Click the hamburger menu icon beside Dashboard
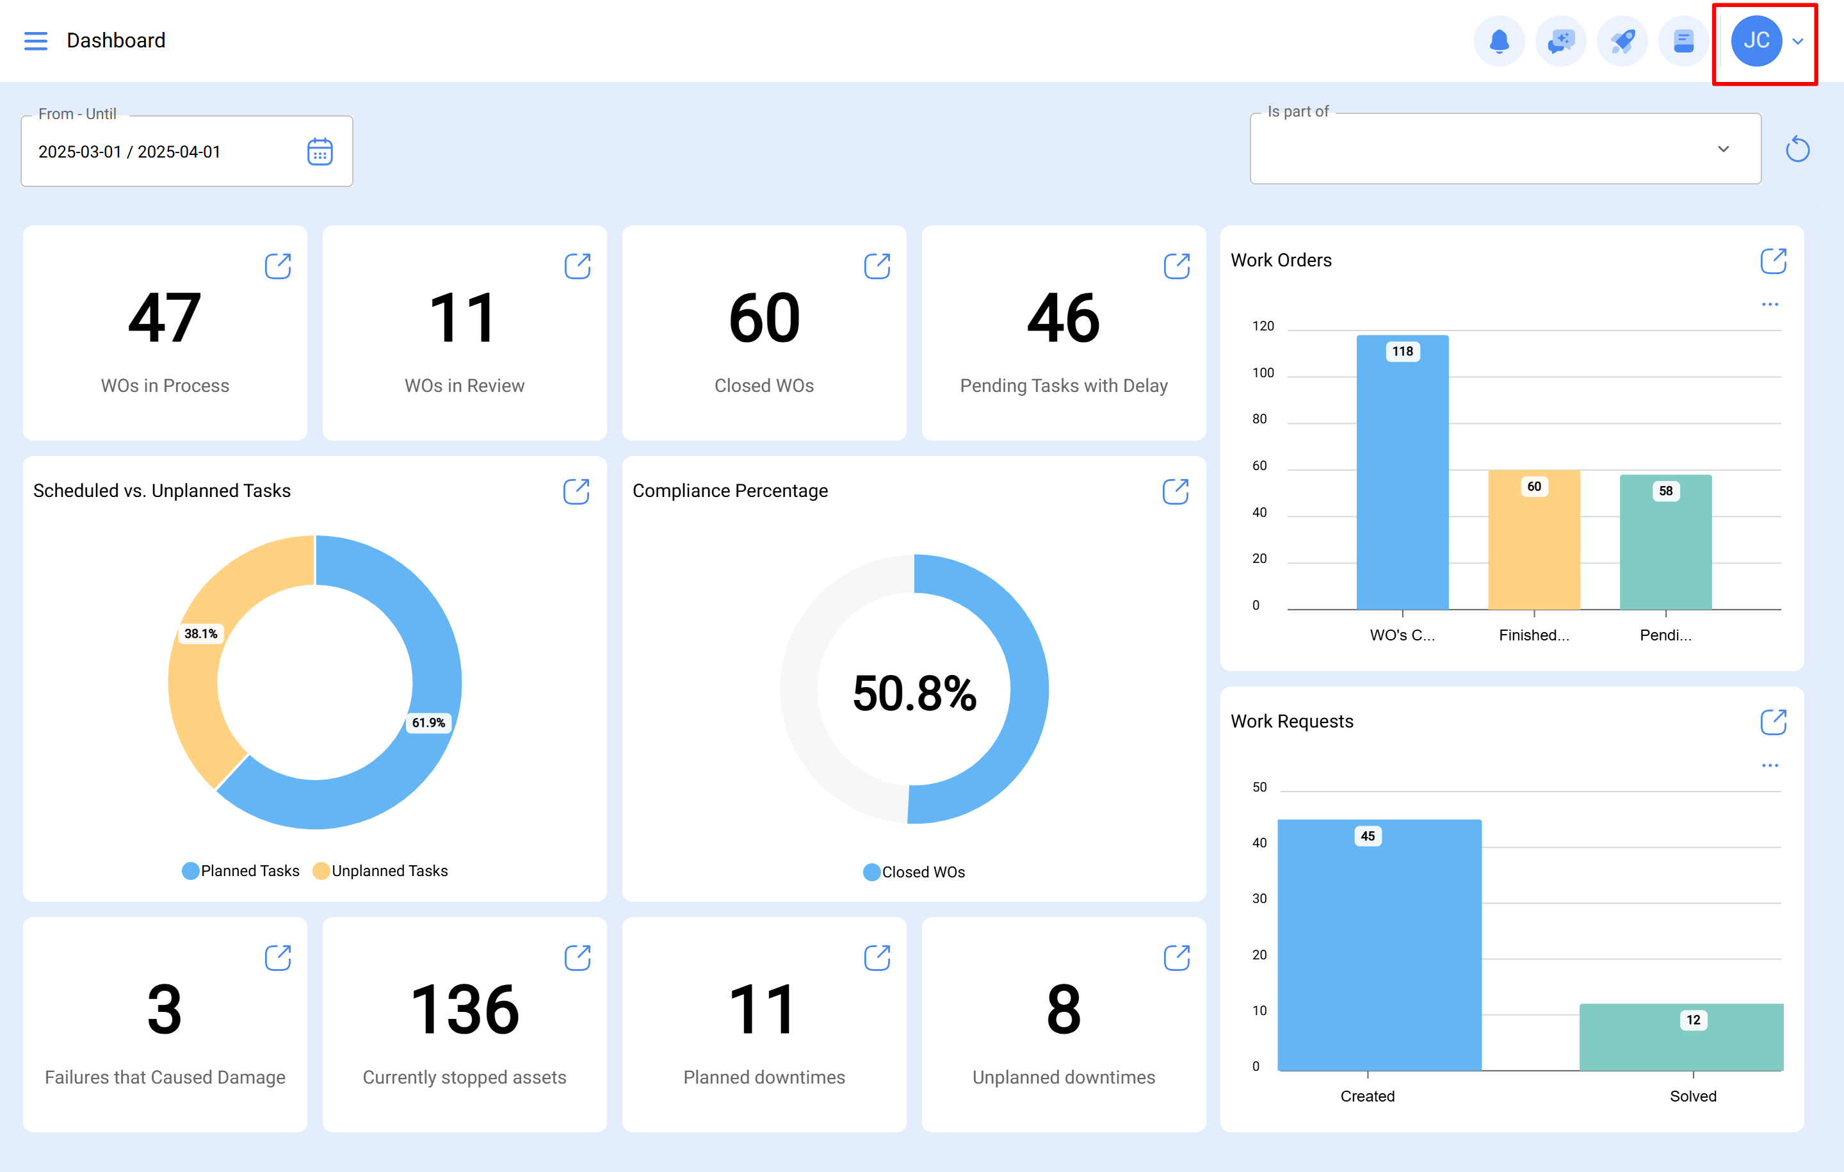35,40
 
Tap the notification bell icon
1499,40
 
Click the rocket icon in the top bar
1622,40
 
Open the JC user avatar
1756,40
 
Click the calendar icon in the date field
319,152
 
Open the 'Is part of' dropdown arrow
1723,149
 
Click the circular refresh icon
1797,149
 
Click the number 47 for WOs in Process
165,319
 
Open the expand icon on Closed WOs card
877,266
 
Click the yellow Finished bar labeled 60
1534,544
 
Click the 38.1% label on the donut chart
200,633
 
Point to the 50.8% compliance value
914,693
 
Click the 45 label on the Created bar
1368,836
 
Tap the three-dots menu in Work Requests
1770,765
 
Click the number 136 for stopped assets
464,1009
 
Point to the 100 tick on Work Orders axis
1263,373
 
